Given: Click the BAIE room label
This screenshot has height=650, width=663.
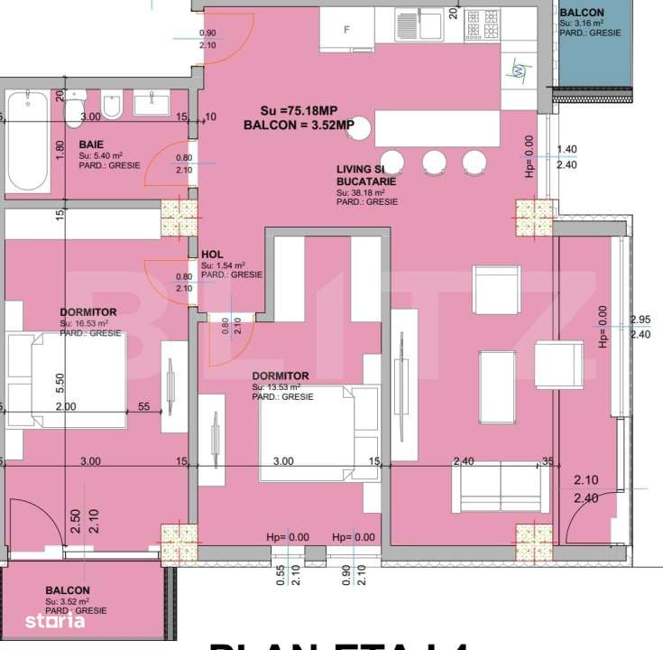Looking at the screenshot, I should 90,144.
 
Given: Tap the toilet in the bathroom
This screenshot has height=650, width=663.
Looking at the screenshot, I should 77,108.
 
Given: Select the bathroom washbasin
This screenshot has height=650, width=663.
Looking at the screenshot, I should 161,105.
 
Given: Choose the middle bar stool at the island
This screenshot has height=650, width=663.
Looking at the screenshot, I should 435,162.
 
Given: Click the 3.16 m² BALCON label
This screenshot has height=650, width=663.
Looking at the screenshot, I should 582,12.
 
